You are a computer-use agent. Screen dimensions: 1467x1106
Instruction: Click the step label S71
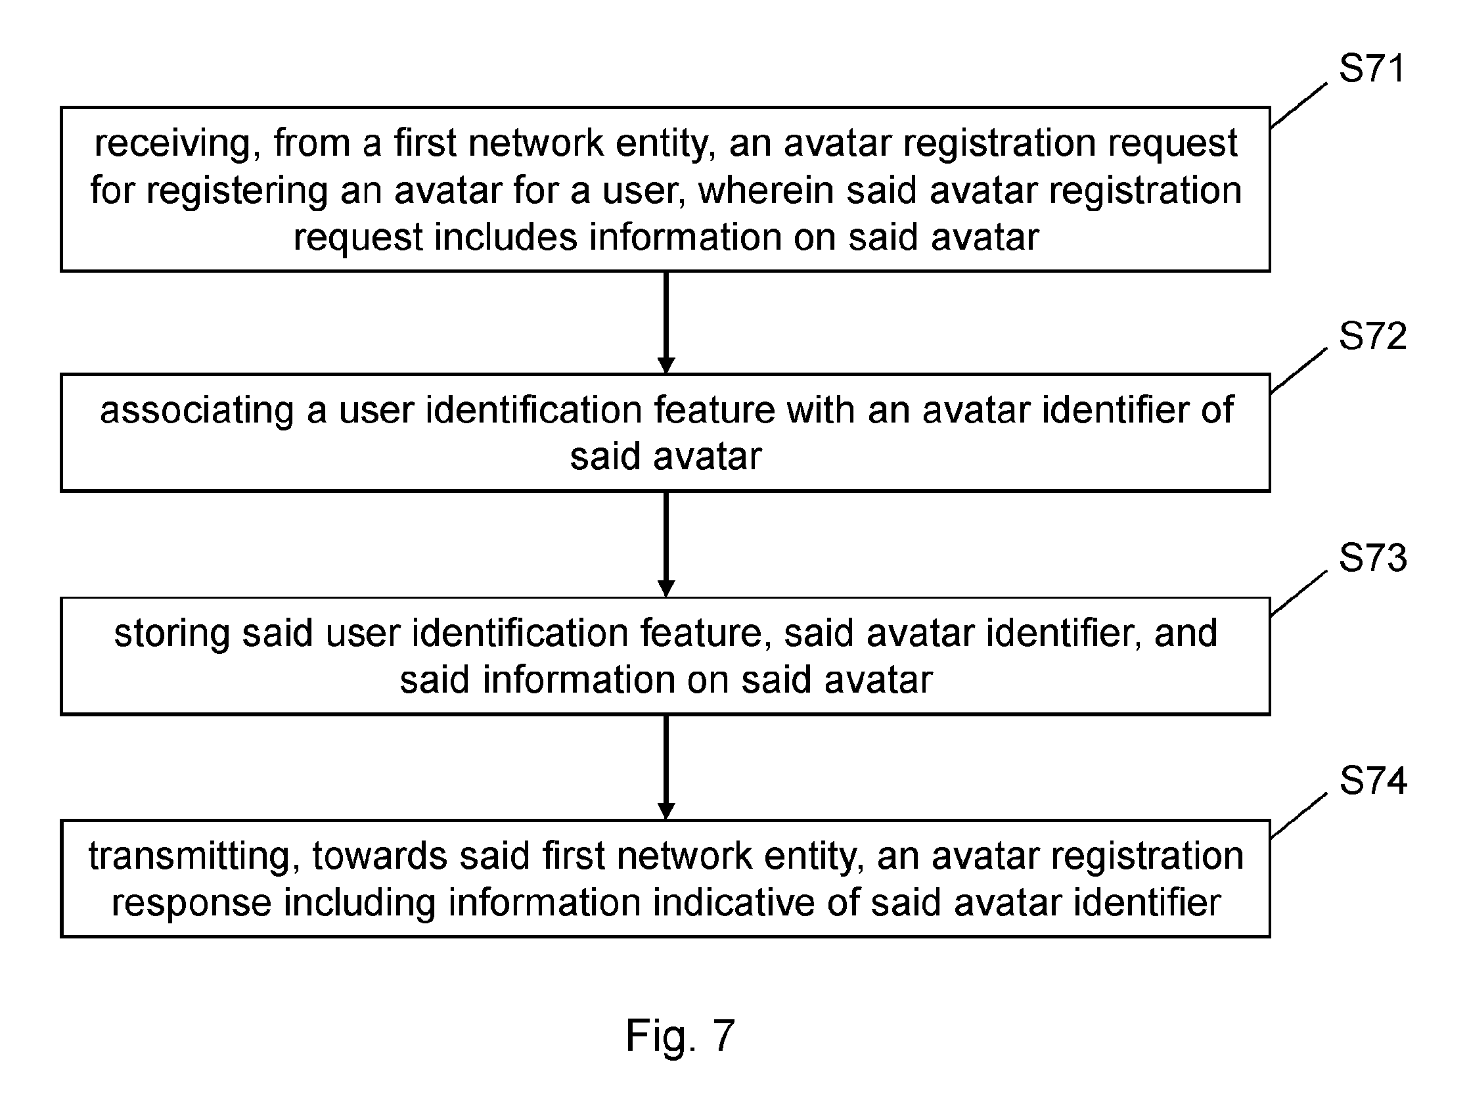1372,68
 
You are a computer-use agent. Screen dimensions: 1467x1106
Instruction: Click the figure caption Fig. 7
681,1036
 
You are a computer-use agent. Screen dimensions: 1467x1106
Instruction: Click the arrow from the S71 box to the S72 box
666,323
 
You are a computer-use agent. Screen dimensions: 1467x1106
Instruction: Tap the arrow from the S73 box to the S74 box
666,768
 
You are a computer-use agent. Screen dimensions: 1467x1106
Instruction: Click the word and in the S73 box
1186,633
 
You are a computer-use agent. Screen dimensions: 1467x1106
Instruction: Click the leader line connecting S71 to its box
1299,105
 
